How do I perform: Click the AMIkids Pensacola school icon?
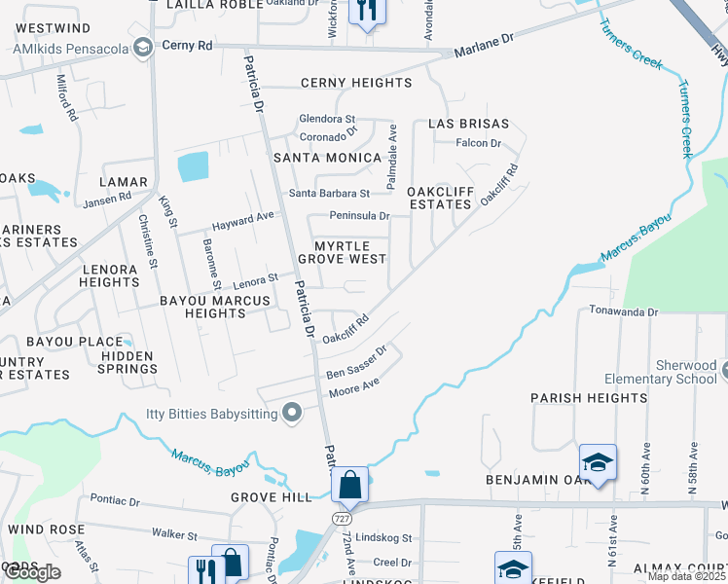(143, 47)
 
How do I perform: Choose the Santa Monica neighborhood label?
(327, 158)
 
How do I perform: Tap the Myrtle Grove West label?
(342, 252)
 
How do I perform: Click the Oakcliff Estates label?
(439, 198)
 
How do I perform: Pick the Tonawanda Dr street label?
(624, 311)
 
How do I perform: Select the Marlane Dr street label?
(483, 44)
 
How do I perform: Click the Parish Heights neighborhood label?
(575, 398)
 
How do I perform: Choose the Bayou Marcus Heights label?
(214, 308)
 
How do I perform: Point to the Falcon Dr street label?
(478, 143)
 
